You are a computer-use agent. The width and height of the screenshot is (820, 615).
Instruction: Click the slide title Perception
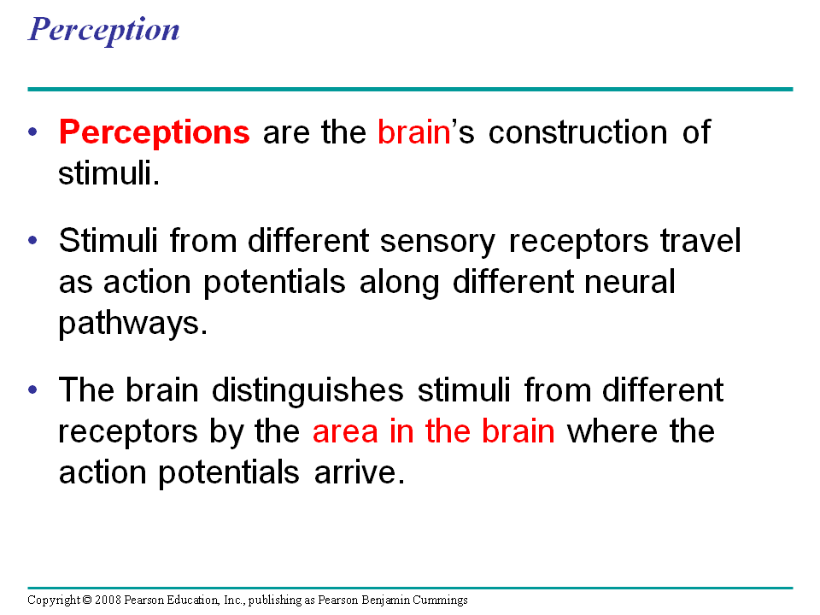coord(103,31)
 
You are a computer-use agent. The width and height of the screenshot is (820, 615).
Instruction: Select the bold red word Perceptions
coord(155,132)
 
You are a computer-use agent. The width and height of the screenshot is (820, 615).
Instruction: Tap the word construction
coord(578,132)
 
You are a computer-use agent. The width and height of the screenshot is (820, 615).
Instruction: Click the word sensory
coord(437,242)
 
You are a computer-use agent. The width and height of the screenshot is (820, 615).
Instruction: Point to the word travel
coord(700,240)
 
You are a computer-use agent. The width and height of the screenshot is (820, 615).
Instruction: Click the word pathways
coord(133,323)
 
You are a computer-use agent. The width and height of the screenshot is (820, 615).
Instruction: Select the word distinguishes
coord(307,390)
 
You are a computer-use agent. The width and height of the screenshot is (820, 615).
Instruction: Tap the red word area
coord(345,432)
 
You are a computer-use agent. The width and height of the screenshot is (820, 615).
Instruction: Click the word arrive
coord(360,472)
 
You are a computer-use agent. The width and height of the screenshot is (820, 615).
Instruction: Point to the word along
coord(399,283)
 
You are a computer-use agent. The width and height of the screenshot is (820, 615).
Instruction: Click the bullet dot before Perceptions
coord(33,132)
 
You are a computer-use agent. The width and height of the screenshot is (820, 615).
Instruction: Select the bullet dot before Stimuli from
coord(33,241)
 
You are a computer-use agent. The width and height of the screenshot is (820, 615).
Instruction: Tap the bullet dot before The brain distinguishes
coord(33,389)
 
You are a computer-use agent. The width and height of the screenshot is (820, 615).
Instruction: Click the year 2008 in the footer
coord(108,600)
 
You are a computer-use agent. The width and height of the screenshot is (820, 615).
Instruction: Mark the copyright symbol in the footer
coord(87,600)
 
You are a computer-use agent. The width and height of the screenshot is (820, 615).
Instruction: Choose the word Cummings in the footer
coord(440,600)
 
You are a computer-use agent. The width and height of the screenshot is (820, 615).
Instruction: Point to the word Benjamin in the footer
coord(386,600)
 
